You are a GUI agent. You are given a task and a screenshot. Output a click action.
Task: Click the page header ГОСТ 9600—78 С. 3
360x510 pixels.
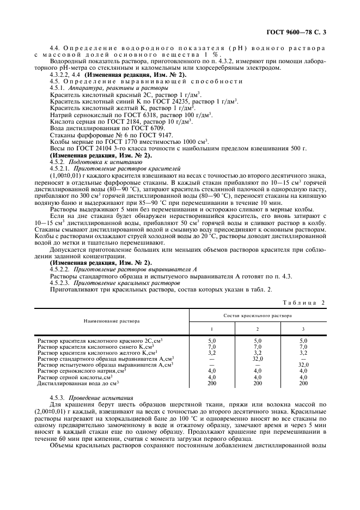tap(298, 33)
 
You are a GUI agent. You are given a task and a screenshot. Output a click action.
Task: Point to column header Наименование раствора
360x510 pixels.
tap(112, 321)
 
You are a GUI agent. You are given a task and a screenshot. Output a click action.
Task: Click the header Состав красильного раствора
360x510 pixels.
tap(257, 315)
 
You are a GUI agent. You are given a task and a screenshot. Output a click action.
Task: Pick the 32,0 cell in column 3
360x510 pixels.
tap(303, 365)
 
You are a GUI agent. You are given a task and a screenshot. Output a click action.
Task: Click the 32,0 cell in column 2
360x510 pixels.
tap(257, 359)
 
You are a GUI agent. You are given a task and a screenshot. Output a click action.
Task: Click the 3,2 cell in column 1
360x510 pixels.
tap(212, 353)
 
